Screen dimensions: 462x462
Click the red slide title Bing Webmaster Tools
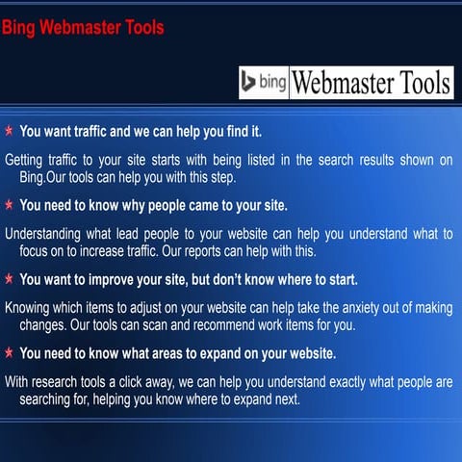(82, 27)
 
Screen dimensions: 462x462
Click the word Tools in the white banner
(416, 84)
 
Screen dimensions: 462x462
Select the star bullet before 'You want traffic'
(9, 130)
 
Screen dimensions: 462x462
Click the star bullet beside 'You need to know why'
(9, 205)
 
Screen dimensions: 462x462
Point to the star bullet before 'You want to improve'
(9, 280)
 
